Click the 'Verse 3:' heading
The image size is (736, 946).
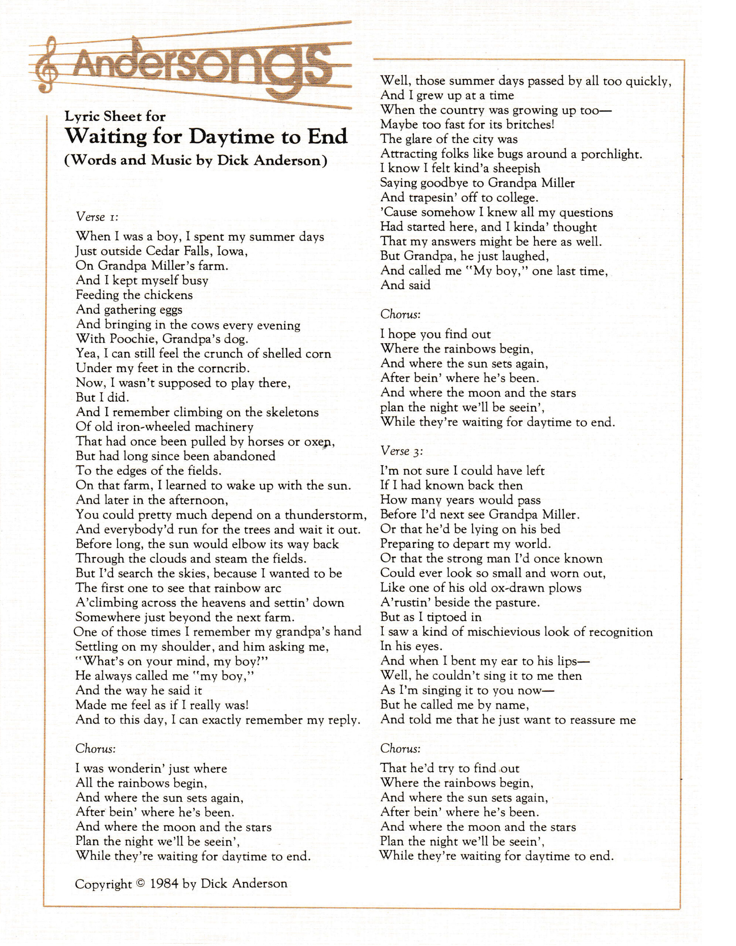(401, 451)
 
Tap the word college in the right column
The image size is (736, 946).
(517, 198)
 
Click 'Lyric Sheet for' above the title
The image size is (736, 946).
(115, 116)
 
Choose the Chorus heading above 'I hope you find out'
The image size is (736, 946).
(400, 314)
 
